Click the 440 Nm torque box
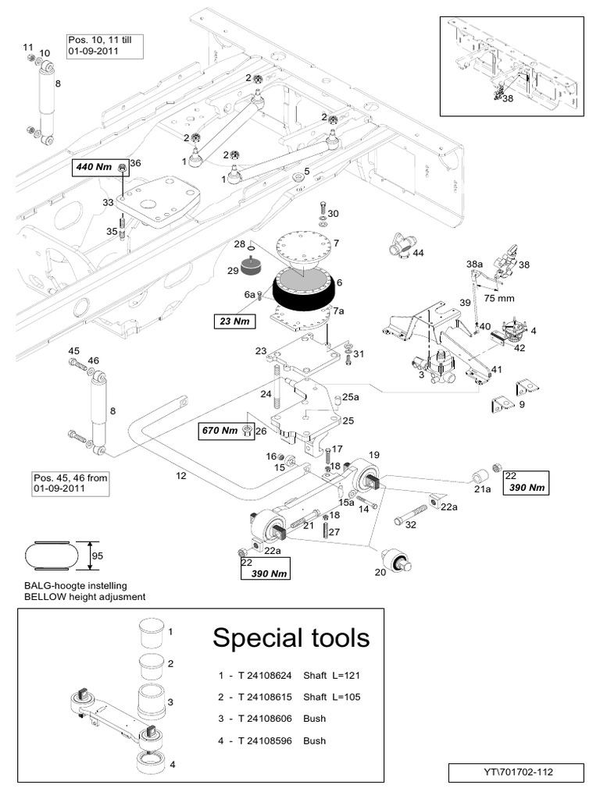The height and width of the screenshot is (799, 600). [x=94, y=167]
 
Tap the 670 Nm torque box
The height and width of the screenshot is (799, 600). [x=220, y=430]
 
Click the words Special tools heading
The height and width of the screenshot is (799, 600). [x=291, y=638]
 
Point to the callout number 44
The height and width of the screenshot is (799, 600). [x=418, y=254]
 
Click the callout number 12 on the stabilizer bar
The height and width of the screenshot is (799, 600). [x=181, y=475]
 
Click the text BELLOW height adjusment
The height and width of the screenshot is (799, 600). [x=85, y=597]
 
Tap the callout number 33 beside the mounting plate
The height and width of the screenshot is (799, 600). [x=108, y=202]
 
